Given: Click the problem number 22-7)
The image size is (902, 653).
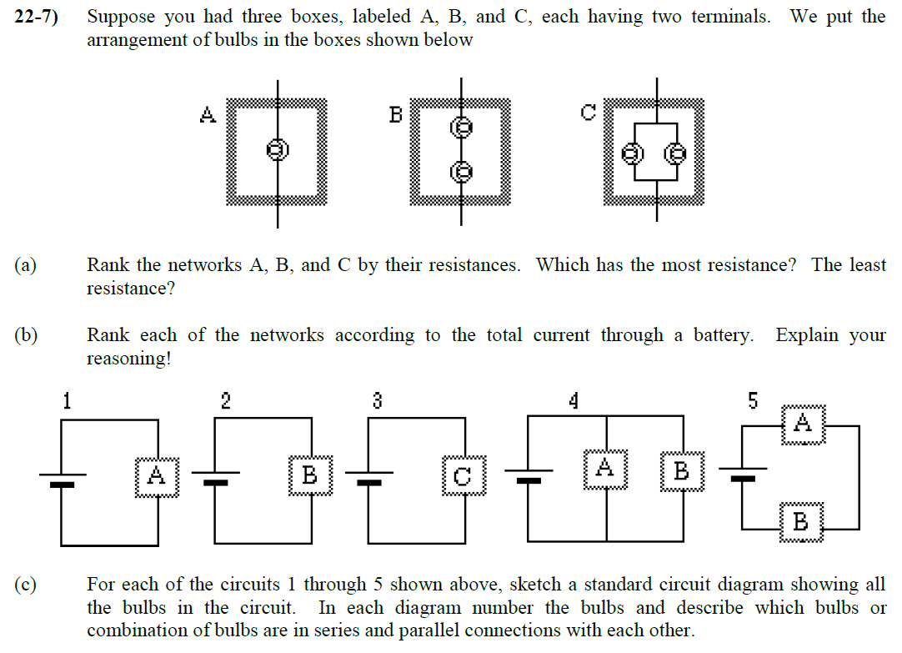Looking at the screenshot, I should pyautogui.click(x=37, y=17).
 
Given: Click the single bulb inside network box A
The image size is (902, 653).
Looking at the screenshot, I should pyautogui.click(x=277, y=149).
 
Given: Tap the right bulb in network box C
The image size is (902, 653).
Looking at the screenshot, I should pyautogui.click(x=676, y=153).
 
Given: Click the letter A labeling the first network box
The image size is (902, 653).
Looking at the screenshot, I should pyautogui.click(x=208, y=114).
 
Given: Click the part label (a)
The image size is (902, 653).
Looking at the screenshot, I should pyautogui.click(x=26, y=265).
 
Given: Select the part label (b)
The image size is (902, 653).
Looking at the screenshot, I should pyautogui.click(x=26, y=335).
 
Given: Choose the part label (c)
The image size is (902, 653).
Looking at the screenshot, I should pyautogui.click(x=26, y=585).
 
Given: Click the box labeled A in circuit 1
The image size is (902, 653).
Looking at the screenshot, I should pyautogui.click(x=157, y=476).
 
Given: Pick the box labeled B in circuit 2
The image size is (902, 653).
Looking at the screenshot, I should pyautogui.click(x=310, y=475).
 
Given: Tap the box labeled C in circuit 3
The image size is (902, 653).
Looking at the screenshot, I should pyautogui.click(x=464, y=476).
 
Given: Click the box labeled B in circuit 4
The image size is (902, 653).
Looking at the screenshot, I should pyautogui.click(x=681, y=471).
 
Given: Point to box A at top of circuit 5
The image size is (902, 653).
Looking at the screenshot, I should pyautogui.click(x=803, y=423).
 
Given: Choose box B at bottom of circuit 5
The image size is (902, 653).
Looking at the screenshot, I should pyautogui.click(x=801, y=522).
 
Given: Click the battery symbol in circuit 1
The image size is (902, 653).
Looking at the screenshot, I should pyautogui.click(x=63, y=478).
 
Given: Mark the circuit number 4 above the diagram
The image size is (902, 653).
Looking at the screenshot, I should pyautogui.click(x=574, y=401).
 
